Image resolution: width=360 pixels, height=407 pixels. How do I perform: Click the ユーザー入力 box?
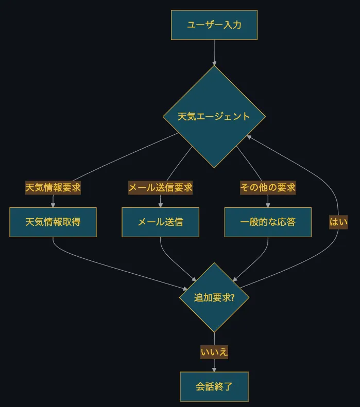pyautogui.click(x=214, y=25)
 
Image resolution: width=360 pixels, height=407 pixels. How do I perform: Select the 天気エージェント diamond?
pyautogui.click(x=214, y=116)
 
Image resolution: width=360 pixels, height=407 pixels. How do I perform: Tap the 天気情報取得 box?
pyautogui.click(x=53, y=222)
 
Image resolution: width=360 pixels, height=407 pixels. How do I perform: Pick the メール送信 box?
pyautogui.click(x=160, y=222)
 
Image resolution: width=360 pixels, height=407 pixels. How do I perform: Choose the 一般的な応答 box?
pyautogui.click(x=268, y=222)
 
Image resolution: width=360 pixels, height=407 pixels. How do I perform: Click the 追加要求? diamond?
pyautogui.click(x=214, y=297)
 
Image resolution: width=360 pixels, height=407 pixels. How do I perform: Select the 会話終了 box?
pyautogui.click(x=214, y=386)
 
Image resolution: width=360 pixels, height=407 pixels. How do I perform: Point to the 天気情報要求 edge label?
pyautogui.click(x=53, y=188)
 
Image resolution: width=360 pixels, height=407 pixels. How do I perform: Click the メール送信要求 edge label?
pyautogui.click(x=160, y=188)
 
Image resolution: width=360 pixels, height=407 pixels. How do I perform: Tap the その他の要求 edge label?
pyautogui.click(x=268, y=188)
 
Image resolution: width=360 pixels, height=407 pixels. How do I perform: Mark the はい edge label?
pyautogui.click(x=338, y=222)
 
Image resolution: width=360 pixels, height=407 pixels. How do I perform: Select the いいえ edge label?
pyautogui.click(x=214, y=352)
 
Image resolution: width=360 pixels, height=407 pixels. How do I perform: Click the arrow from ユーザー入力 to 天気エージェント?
pyautogui.click(x=214, y=51)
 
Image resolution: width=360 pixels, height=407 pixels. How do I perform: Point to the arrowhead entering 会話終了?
pyautogui.click(x=214, y=369)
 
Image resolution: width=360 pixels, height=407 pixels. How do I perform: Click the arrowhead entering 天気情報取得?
pyautogui.click(x=53, y=205)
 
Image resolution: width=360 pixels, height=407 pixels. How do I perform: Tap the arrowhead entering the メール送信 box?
pyautogui.click(x=160, y=205)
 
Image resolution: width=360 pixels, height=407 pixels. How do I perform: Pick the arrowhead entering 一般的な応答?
pyautogui.click(x=268, y=205)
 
